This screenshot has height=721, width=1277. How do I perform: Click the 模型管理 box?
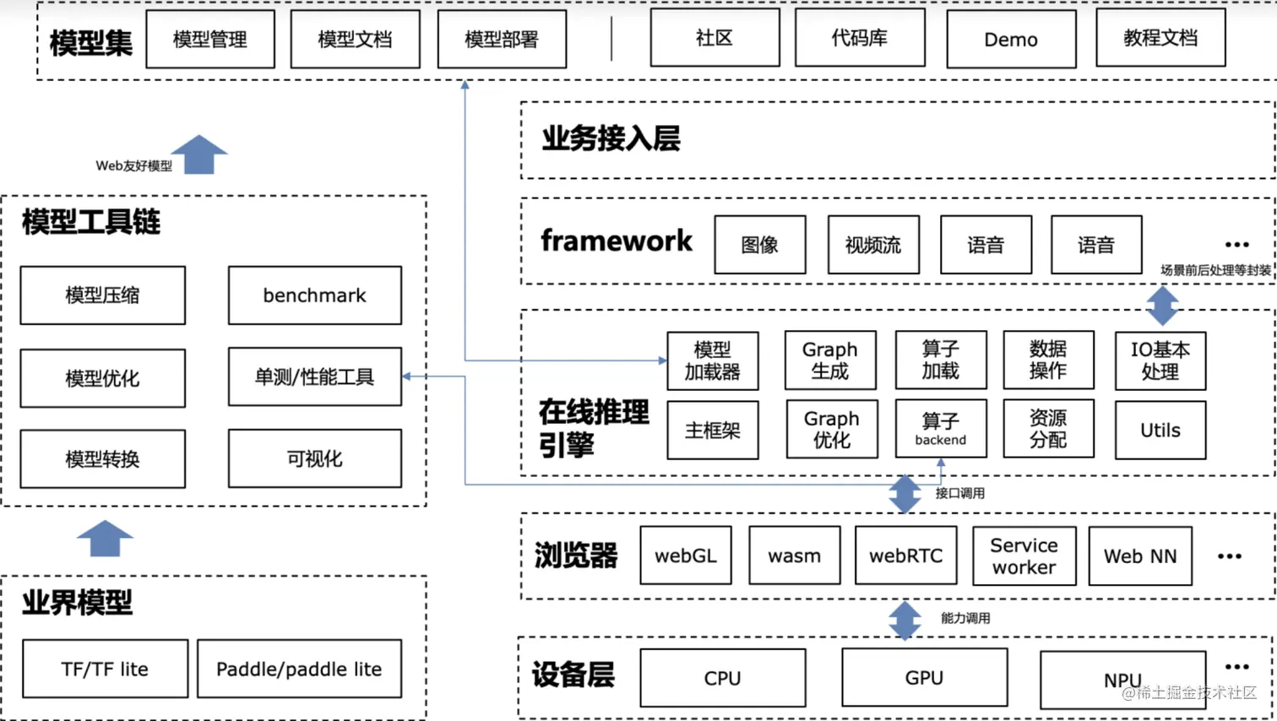point(210,39)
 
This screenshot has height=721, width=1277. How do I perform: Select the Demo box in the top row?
point(1011,39)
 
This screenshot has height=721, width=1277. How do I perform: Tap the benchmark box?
point(314,295)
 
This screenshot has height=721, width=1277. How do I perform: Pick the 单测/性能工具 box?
point(314,377)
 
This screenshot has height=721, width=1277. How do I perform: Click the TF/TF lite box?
point(105,669)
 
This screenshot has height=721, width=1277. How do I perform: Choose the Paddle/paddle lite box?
point(299,669)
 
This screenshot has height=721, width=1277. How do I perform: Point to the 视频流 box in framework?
point(873,245)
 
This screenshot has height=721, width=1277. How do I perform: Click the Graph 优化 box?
point(831,430)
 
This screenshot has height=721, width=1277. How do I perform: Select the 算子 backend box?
point(940,429)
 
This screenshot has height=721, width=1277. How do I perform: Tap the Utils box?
point(1160,431)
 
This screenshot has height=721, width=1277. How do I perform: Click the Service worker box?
point(1024,556)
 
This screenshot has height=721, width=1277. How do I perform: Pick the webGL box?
point(685,556)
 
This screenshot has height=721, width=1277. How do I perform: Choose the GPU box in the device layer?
point(924,678)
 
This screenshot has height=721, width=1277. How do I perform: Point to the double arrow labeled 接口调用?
point(905,494)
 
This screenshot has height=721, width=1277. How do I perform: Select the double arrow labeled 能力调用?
point(905,620)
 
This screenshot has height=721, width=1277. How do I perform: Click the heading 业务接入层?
point(611,138)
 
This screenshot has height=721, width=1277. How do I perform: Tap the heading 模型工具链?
point(91,222)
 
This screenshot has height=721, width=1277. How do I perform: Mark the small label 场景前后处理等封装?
point(1215,270)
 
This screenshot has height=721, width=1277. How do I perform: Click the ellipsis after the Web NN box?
point(1229,556)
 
